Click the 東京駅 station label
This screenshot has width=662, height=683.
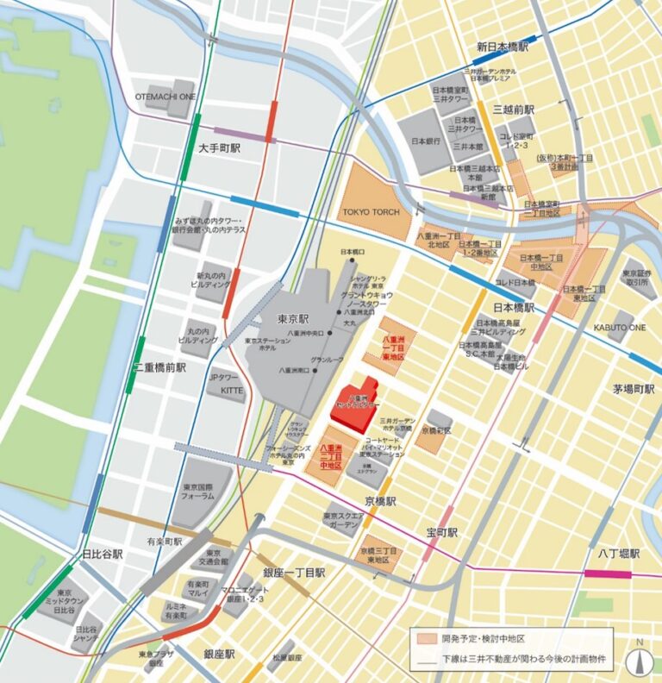[x=294, y=318]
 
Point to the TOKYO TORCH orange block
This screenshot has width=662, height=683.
[x=376, y=211]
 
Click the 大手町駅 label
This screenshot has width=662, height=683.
[x=219, y=148]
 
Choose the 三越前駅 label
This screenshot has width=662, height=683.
[x=514, y=110]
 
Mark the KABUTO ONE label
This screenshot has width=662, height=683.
[x=620, y=328]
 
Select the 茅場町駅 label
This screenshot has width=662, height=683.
[x=634, y=389]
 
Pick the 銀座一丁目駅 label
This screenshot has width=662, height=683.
[x=293, y=573]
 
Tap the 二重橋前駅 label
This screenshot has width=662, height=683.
[x=159, y=367]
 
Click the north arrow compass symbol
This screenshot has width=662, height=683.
[x=639, y=659]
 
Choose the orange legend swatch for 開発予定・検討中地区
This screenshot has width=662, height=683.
[x=425, y=640]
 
